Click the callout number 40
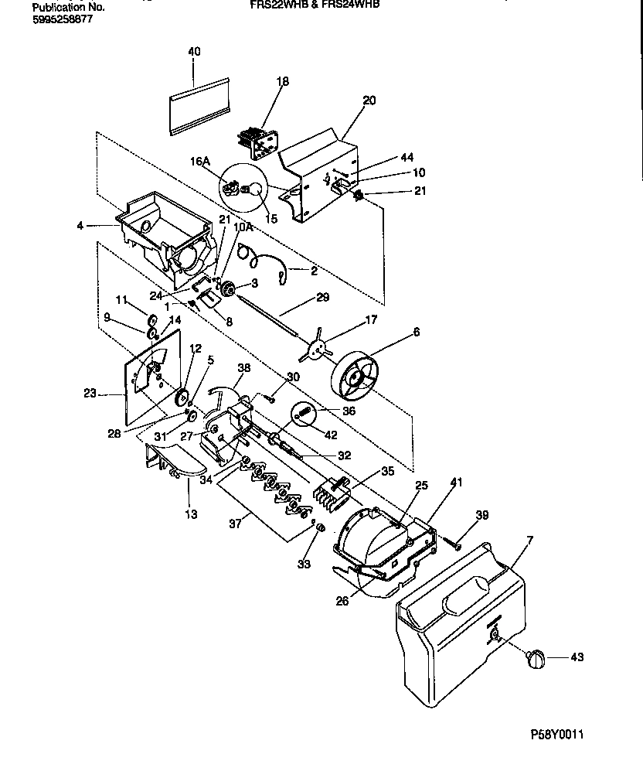[194, 52]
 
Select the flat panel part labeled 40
[199, 104]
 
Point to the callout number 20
[369, 101]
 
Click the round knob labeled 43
[535, 658]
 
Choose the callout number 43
[577, 658]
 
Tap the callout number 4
[80, 226]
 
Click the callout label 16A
[200, 162]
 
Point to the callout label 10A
[243, 228]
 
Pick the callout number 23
[90, 394]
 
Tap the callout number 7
[529, 538]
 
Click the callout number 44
[407, 158]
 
